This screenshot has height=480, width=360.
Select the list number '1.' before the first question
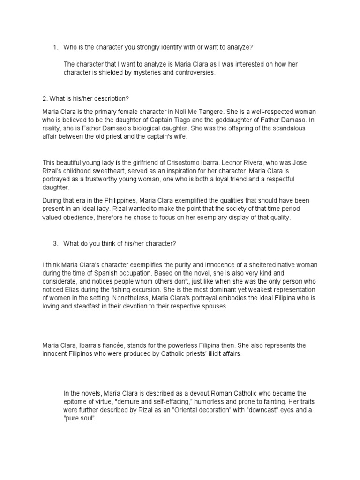(55, 47)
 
